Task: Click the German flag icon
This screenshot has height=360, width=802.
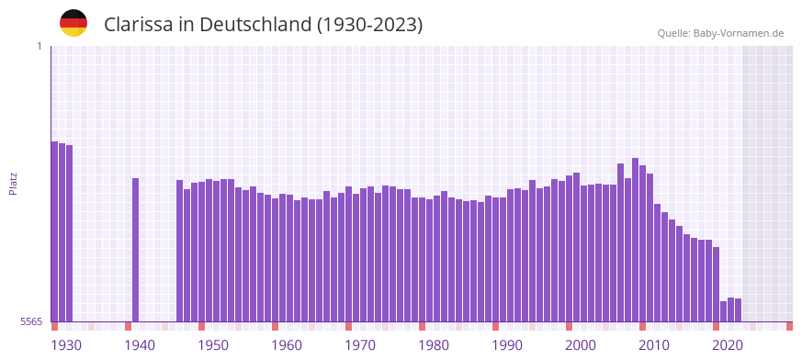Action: (x=73, y=23)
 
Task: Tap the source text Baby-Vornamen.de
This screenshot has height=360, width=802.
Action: (x=738, y=33)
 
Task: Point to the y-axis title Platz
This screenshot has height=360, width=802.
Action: (x=13, y=184)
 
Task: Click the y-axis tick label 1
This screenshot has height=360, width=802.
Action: (x=40, y=46)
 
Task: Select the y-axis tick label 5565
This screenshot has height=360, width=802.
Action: (x=31, y=321)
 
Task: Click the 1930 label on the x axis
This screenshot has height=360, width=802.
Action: (x=66, y=345)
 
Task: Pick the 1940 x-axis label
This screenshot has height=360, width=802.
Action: (x=140, y=345)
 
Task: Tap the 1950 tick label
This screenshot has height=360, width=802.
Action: (x=213, y=345)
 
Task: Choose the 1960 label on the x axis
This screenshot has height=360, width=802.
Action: (x=287, y=345)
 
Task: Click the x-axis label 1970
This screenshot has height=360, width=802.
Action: (x=360, y=345)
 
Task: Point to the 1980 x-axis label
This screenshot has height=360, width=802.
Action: (x=434, y=345)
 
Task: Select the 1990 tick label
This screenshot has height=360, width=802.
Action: (x=507, y=345)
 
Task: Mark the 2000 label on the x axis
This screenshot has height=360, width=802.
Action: (x=581, y=345)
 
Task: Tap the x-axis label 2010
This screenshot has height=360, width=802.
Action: (x=654, y=345)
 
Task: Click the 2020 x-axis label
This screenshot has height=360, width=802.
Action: (x=728, y=345)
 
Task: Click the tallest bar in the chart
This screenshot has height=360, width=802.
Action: (x=635, y=240)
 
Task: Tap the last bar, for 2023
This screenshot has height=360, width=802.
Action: (x=738, y=310)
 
